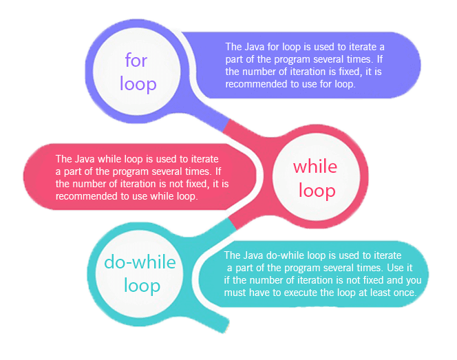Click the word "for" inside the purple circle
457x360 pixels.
click(x=136, y=61)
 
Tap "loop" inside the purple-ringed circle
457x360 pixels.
click(x=138, y=84)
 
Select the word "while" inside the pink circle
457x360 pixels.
click(x=315, y=166)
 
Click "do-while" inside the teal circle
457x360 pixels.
click(x=140, y=262)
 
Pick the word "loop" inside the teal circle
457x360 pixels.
click(x=142, y=285)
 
